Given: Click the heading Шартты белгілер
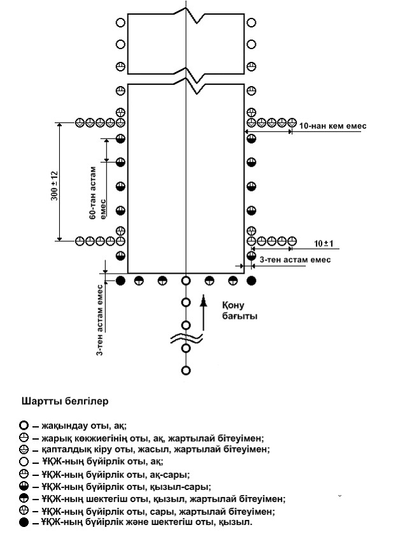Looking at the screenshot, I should click(x=65, y=402).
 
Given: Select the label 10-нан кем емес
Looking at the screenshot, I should click(x=333, y=126).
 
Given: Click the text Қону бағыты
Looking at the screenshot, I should click(x=239, y=310).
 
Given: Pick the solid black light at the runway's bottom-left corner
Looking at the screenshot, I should click(x=121, y=281).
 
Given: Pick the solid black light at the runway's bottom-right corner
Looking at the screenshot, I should click(x=252, y=281).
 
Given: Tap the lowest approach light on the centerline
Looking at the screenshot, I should click(x=186, y=371).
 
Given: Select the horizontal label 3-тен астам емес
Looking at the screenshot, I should click(x=295, y=260).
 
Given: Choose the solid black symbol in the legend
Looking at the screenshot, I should click(x=24, y=522).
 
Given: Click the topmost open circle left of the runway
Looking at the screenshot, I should click(x=121, y=23).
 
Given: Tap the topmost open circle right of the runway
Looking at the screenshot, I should click(x=252, y=23).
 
